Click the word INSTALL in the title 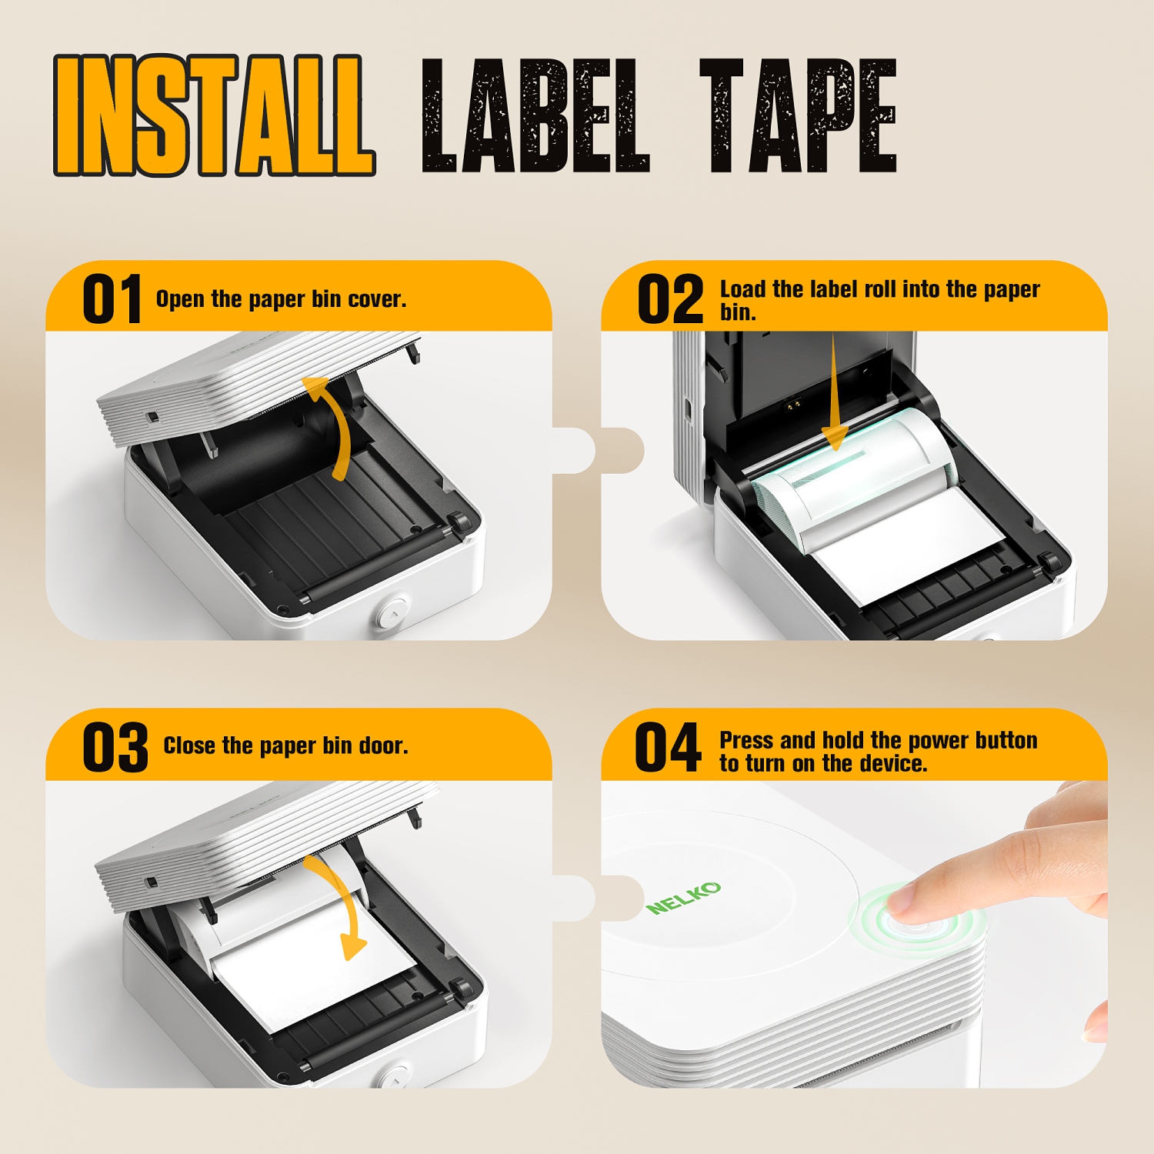pyautogui.click(x=213, y=115)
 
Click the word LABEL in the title pyautogui.click(x=535, y=115)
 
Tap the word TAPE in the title pyautogui.click(x=798, y=115)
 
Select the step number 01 pyautogui.click(x=112, y=299)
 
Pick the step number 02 pyautogui.click(x=670, y=299)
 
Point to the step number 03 pyautogui.click(x=115, y=747)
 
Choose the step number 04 pyautogui.click(x=668, y=747)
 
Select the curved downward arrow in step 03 pyautogui.click(x=339, y=908)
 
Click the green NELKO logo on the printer pyautogui.click(x=684, y=898)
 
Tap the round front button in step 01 pyautogui.click(x=391, y=612)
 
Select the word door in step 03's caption pyautogui.click(x=382, y=746)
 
